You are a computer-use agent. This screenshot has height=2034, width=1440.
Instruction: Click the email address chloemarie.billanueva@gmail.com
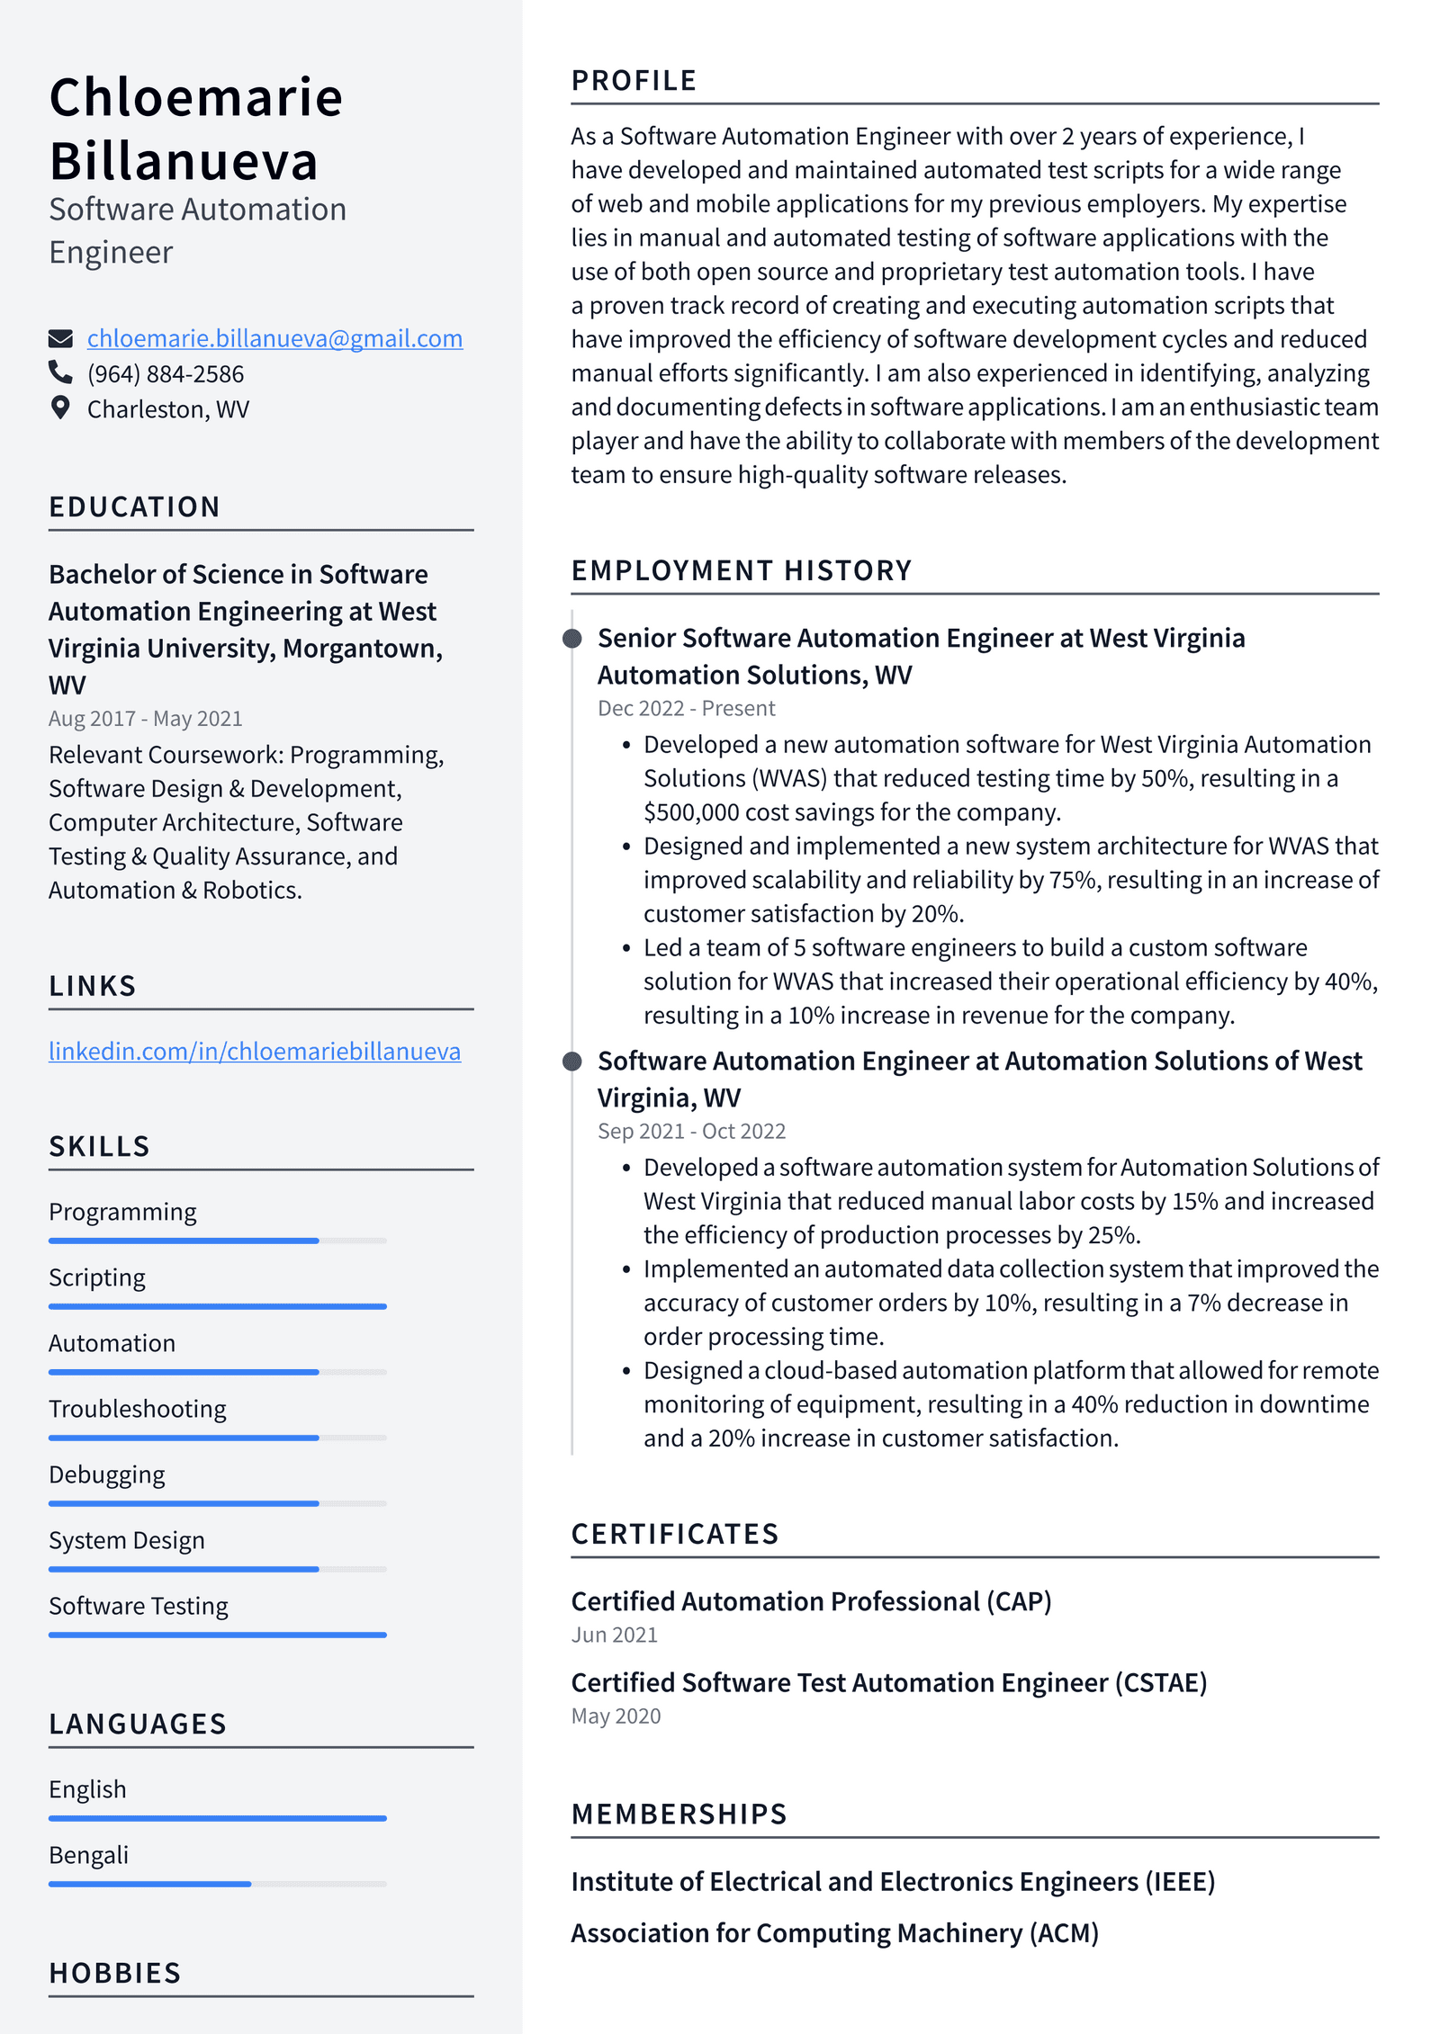click(274, 338)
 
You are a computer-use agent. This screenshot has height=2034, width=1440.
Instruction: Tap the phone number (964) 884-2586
click(166, 373)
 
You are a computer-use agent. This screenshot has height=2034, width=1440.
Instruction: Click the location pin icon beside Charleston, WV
click(60, 408)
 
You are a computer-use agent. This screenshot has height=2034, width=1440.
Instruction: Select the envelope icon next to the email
click(60, 338)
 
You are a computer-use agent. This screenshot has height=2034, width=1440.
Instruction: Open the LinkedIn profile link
click(255, 1051)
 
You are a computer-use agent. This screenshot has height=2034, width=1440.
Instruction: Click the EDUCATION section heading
click(135, 506)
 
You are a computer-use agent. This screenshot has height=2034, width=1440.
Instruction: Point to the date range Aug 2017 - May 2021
click(146, 718)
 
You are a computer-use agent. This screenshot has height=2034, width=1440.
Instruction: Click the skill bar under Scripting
click(217, 1305)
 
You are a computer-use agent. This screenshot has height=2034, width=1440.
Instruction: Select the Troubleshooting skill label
click(138, 1409)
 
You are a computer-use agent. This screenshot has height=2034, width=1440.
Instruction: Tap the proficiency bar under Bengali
click(217, 1883)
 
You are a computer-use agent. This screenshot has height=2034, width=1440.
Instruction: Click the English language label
click(87, 1789)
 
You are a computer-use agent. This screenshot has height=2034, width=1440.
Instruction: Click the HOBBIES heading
click(115, 1973)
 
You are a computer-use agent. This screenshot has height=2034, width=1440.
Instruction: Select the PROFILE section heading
click(634, 81)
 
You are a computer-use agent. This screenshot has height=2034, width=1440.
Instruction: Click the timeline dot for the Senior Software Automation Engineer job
click(571, 639)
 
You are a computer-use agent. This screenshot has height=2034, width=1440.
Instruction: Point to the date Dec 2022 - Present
click(686, 708)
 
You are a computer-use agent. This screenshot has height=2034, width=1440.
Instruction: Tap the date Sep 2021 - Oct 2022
click(691, 1131)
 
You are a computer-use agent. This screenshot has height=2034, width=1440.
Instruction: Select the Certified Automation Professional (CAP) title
click(811, 1601)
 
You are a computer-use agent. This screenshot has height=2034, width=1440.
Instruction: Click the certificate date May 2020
click(616, 1716)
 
